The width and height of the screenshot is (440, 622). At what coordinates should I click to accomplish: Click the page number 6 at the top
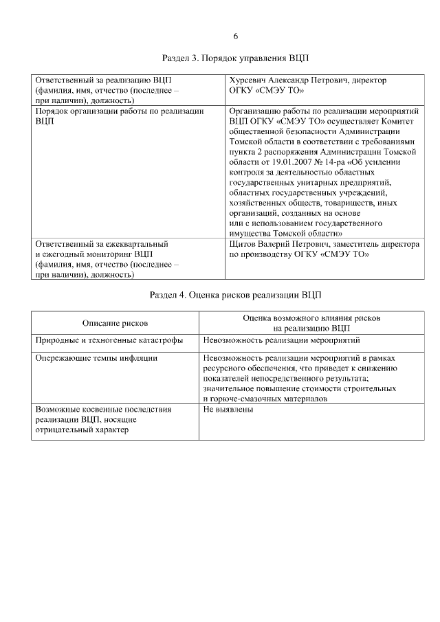click(x=236, y=36)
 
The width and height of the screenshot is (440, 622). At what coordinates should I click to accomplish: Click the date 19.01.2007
click(x=268, y=162)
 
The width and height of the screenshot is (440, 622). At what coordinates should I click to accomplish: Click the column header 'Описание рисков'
click(x=115, y=323)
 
